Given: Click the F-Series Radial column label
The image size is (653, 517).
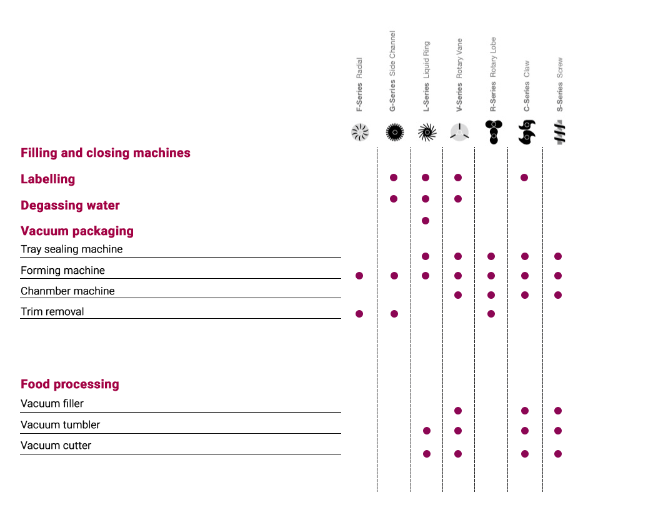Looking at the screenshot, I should [x=359, y=85].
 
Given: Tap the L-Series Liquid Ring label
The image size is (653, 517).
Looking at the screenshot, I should [x=426, y=76].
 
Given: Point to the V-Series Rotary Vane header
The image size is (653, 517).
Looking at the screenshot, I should [x=459, y=75].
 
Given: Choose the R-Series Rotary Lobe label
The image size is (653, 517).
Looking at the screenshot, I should [x=493, y=74].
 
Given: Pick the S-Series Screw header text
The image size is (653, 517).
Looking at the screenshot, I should [x=560, y=84].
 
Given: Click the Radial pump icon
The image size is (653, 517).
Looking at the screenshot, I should [x=360, y=133].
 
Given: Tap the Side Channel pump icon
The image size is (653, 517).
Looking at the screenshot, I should [x=394, y=133].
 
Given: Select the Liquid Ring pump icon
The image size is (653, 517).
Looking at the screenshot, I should [x=427, y=133].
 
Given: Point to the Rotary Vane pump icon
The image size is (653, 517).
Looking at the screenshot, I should [x=459, y=133].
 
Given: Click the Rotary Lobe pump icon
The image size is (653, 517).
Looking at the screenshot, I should [x=493, y=133].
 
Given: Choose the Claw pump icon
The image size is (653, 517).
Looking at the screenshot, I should [x=527, y=133].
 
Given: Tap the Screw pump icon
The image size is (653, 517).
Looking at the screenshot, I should [x=560, y=133].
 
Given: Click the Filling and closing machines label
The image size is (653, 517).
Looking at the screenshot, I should [x=106, y=153].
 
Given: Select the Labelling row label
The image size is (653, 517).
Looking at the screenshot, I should [x=48, y=179].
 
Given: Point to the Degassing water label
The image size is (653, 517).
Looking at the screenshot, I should [x=70, y=206].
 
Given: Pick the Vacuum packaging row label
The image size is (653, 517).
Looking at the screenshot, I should [x=77, y=231].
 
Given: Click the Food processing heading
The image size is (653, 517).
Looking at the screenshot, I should [x=70, y=384].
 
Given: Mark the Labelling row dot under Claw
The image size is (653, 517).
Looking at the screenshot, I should [x=524, y=178].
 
